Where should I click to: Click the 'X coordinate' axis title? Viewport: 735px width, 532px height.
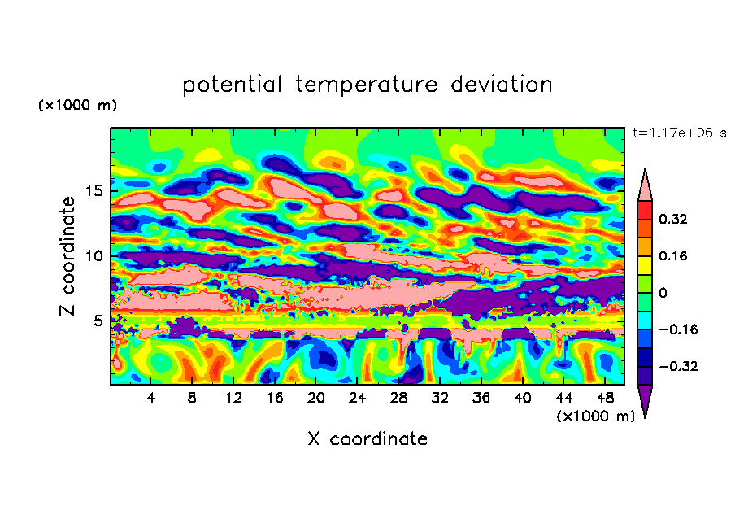coord(367,439)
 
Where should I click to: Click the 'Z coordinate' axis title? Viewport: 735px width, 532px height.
coord(68,256)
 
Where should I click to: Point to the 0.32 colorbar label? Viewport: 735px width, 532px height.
coord(674,219)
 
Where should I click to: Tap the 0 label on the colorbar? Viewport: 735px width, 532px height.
coord(663,293)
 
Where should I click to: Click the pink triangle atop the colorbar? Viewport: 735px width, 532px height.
coord(646,184)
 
